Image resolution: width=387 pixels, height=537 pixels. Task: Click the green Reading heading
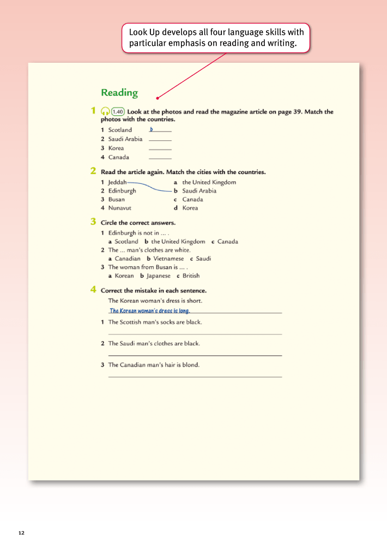(x=119, y=93)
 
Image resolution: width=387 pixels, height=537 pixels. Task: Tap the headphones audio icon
(x=105, y=111)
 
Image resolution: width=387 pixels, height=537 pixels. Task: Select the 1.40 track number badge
(x=118, y=111)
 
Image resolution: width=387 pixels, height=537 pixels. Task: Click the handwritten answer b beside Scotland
(x=152, y=129)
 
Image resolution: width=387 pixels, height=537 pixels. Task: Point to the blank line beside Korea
(x=160, y=149)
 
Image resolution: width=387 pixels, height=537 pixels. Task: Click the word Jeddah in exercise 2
(x=117, y=182)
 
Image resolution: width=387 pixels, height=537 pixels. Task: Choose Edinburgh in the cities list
(x=122, y=191)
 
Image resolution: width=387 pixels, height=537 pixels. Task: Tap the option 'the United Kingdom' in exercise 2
(x=209, y=182)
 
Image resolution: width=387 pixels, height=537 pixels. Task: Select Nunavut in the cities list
(x=119, y=208)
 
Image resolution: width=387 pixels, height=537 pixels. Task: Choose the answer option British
(x=191, y=276)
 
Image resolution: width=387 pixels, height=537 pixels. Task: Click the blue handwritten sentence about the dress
(x=149, y=311)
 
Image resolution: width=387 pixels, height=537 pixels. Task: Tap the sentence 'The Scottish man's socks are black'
(x=155, y=323)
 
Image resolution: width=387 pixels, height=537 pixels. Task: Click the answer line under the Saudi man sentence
(x=195, y=355)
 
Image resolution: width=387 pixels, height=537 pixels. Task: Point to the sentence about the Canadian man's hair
(x=154, y=365)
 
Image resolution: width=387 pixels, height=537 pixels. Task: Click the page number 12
(x=21, y=533)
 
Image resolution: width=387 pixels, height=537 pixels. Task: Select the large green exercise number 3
(x=93, y=222)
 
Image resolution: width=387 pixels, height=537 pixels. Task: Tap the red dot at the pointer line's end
(x=158, y=98)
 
